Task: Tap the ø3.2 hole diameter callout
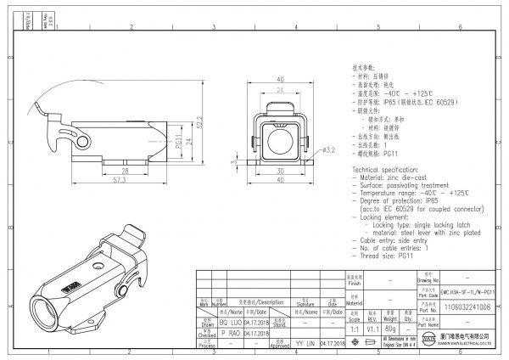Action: [x=330, y=149]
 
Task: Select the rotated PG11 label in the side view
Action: [x=179, y=140]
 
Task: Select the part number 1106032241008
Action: [x=466, y=307]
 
